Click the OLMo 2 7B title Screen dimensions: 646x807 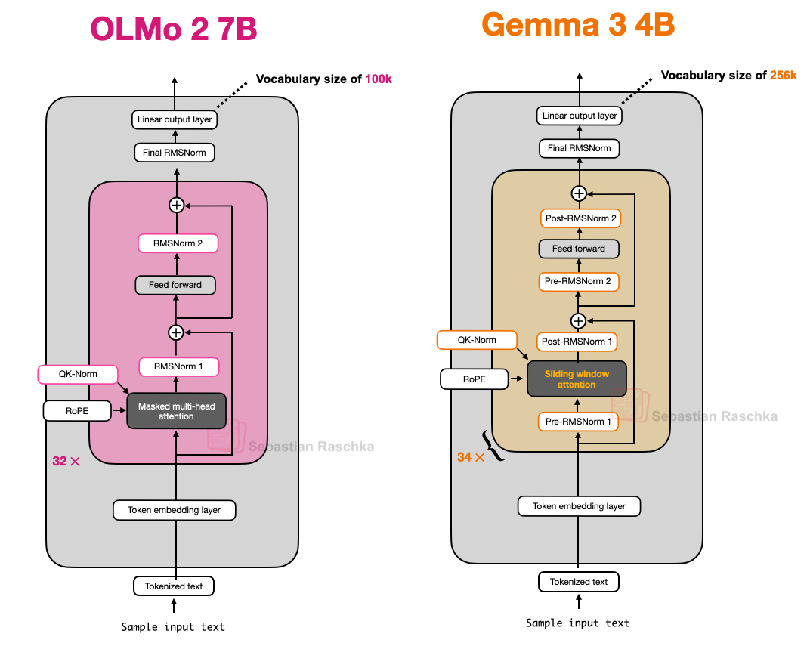174,29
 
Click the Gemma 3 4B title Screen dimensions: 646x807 578,25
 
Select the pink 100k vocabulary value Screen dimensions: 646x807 379,79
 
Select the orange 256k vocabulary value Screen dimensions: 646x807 783,75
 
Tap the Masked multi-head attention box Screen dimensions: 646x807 176,411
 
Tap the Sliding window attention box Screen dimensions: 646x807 577,379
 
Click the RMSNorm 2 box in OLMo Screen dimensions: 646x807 178,243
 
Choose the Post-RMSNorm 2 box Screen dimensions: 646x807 579,218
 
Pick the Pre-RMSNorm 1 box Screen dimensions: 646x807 579,421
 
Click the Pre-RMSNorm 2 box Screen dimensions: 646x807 579,282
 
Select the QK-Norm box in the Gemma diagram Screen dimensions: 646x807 477,340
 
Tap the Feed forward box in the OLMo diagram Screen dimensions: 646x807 175,285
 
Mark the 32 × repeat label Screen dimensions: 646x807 66,461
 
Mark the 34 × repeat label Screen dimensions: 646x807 470,457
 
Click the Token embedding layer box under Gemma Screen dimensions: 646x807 579,506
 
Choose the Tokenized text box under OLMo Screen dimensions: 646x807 174,586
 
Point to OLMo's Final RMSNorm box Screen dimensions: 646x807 174,153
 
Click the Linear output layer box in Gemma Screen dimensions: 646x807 579,116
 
